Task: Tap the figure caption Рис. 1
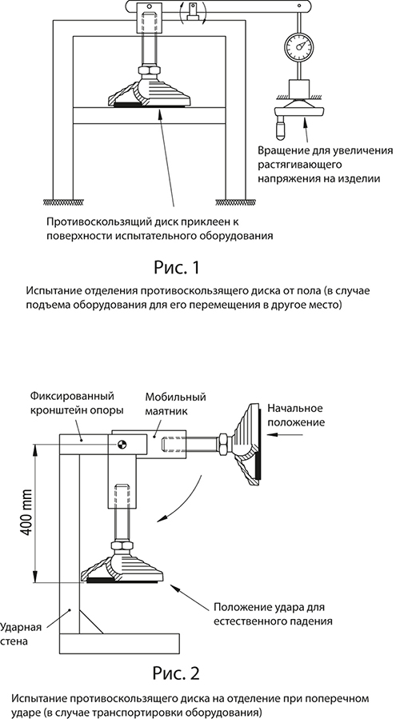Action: pos(177,267)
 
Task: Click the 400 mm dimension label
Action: pos(26,511)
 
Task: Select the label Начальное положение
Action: pos(295,414)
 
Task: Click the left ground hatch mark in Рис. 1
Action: pos(62,202)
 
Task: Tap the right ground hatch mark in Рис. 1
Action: pos(236,202)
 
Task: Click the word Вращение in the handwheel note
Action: pos(280,151)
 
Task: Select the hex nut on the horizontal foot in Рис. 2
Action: pos(223,443)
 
